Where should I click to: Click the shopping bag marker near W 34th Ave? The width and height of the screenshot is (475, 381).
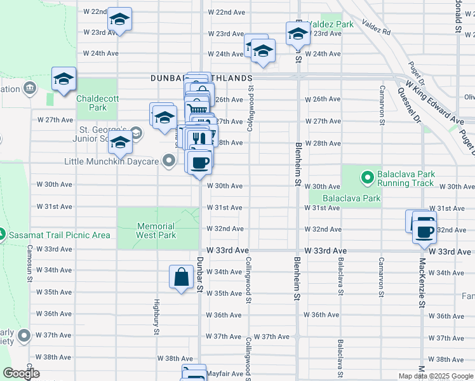click(x=181, y=277)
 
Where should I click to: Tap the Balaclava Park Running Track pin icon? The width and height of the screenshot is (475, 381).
click(x=367, y=176)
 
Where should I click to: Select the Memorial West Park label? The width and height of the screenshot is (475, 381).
click(x=156, y=231)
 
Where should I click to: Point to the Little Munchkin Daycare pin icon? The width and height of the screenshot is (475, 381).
click(x=169, y=162)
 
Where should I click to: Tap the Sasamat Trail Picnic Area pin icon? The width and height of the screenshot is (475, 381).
click(x=3, y=235)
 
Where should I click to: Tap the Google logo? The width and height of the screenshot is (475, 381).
click(x=21, y=374)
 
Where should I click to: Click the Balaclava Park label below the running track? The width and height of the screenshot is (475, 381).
click(x=351, y=198)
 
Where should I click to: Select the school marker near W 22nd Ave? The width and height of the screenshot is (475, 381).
click(x=119, y=20)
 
